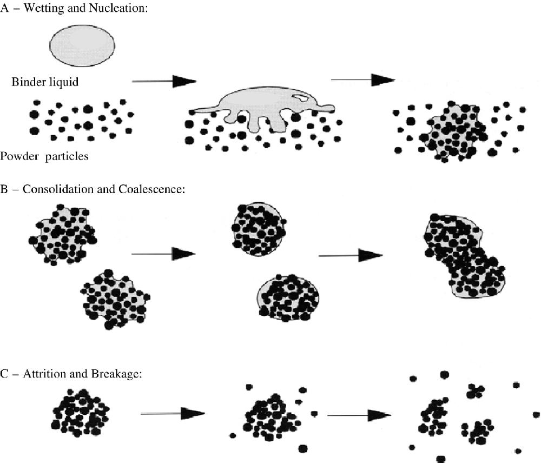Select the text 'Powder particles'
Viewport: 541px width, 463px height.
(x=44, y=156)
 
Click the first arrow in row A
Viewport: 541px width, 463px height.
(x=163, y=81)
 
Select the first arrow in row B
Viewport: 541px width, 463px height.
(x=163, y=253)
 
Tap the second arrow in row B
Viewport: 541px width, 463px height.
(x=350, y=255)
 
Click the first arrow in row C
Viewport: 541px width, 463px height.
(x=172, y=414)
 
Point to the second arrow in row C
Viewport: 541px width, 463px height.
(x=359, y=415)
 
